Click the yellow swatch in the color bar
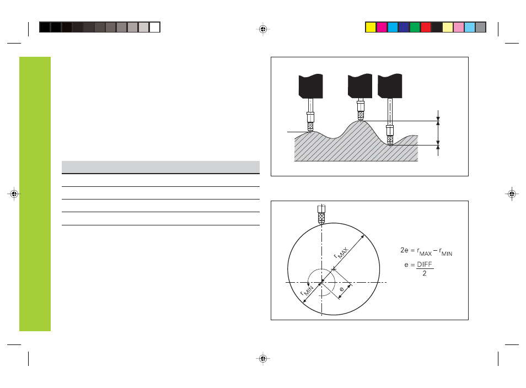click(371, 27)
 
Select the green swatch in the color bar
click(415, 27)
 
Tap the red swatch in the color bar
click(426, 27)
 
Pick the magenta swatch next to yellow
click(382, 27)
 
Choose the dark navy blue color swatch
click(404, 27)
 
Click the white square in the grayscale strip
click(154, 27)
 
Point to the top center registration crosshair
click(263, 29)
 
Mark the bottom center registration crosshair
click(263, 359)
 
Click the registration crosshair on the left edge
click(14, 194)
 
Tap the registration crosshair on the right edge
click(512, 194)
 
